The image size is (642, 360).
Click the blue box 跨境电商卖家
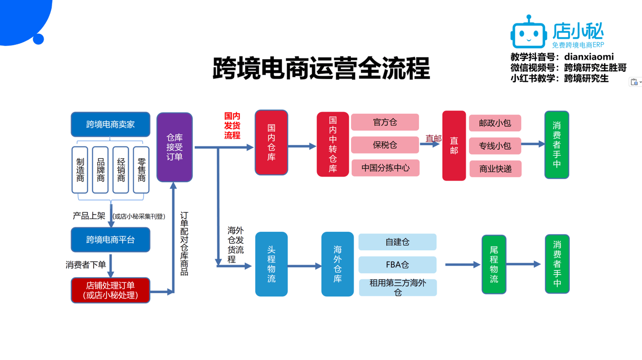coord(110,124)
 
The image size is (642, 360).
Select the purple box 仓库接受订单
coord(174,147)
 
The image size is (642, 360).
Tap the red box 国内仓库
coord(271,143)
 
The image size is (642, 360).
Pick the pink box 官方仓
coord(385,122)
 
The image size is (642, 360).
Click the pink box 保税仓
coord(385,145)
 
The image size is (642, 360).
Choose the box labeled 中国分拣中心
coord(385,168)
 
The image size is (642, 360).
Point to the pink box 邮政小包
coord(495,123)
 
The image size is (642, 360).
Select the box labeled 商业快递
coord(495,169)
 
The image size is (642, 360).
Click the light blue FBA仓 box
coord(397,265)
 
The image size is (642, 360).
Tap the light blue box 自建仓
coord(397,242)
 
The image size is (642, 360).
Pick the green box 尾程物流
coord(494,264)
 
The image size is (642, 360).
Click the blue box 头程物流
coord(271,264)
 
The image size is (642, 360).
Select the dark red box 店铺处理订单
coord(110,290)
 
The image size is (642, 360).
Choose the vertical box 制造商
coord(80,170)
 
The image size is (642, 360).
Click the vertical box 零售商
coord(141,170)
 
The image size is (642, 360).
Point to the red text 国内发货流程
coord(232,126)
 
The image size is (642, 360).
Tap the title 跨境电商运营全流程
coord(321,68)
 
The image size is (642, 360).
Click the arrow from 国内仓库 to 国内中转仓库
coord(302,146)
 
